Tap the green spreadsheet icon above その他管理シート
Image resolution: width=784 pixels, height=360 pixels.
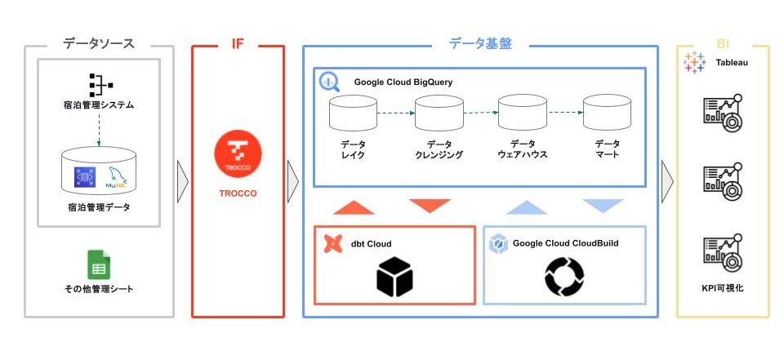(x=99, y=265)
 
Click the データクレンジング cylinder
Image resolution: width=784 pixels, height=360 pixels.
(x=439, y=113)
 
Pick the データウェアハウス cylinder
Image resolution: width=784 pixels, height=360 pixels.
(x=523, y=113)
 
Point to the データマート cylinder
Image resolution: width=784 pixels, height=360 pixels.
(x=607, y=113)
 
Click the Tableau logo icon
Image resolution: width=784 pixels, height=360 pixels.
(x=695, y=64)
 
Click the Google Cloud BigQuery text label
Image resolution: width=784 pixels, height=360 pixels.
(x=403, y=82)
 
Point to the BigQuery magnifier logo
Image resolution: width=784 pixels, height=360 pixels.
(x=330, y=82)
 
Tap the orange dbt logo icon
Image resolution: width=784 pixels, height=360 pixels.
(x=332, y=243)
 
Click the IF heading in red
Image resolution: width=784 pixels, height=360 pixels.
(x=238, y=44)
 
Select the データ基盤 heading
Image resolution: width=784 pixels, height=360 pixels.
(x=480, y=44)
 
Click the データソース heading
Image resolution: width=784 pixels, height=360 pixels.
(x=99, y=44)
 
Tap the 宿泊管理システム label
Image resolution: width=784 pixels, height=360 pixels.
(x=99, y=105)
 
